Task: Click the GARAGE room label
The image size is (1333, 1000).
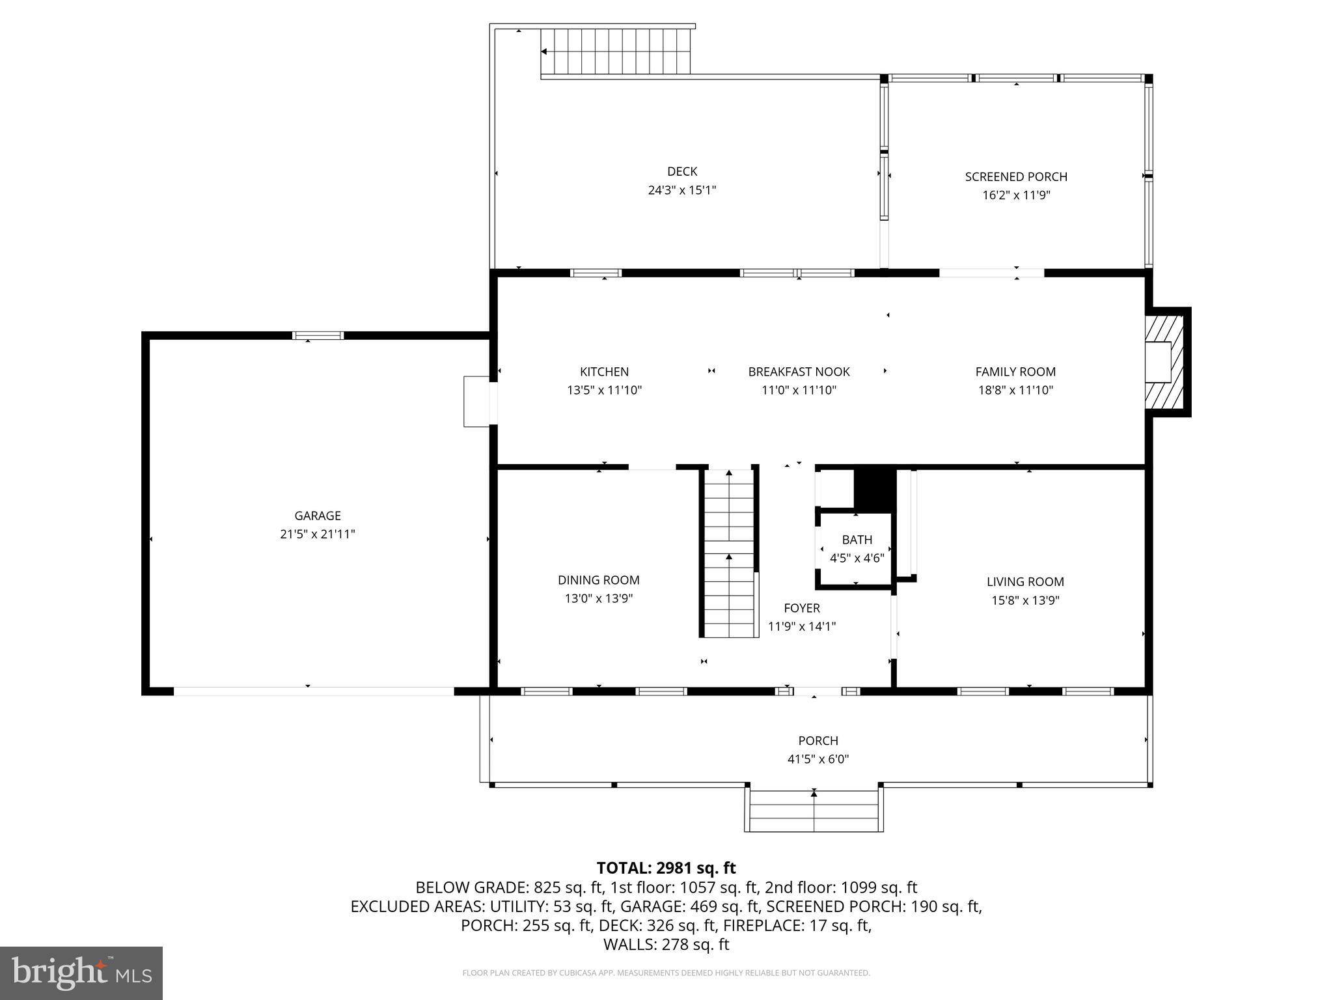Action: click(318, 516)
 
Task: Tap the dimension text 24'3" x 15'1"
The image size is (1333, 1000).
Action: click(682, 190)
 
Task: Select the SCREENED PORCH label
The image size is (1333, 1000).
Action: click(1016, 176)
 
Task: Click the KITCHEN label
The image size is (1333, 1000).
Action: click(604, 372)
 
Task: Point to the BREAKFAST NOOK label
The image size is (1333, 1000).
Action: click(799, 372)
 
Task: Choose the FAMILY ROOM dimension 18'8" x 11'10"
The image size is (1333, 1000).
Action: click(1015, 390)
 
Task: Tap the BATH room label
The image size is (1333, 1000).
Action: click(857, 540)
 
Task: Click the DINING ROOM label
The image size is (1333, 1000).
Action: click(598, 580)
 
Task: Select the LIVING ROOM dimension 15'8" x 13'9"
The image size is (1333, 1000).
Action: click(1025, 600)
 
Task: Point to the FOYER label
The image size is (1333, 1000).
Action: click(801, 608)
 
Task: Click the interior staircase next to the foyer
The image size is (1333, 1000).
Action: click(730, 553)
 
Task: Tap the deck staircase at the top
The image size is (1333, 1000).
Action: click(615, 52)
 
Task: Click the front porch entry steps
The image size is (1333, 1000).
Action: click(814, 811)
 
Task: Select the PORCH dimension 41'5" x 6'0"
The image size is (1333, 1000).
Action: click(818, 759)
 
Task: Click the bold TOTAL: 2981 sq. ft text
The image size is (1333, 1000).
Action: click(666, 868)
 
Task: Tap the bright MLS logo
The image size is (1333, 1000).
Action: click(81, 973)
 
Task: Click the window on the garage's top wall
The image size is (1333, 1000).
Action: click(318, 336)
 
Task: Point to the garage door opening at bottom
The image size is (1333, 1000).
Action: click(313, 691)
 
